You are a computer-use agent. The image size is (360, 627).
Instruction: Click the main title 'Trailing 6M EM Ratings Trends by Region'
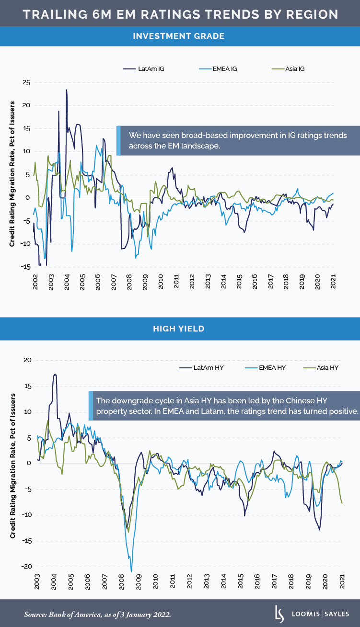(x=180, y=14)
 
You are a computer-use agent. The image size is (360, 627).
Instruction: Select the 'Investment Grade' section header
(x=180, y=36)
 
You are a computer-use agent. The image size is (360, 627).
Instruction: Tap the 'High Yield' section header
(x=180, y=329)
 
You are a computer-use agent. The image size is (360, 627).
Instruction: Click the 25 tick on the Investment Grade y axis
(x=27, y=83)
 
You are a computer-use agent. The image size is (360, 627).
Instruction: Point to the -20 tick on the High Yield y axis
(x=25, y=567)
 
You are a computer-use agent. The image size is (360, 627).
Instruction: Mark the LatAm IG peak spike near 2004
(x=67, y=90)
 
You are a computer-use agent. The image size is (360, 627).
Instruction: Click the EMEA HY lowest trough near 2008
(x=131, y=565)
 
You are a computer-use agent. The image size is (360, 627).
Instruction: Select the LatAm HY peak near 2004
(x=55, y=375)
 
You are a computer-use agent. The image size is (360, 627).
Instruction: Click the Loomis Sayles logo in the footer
(x=309, y=614)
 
